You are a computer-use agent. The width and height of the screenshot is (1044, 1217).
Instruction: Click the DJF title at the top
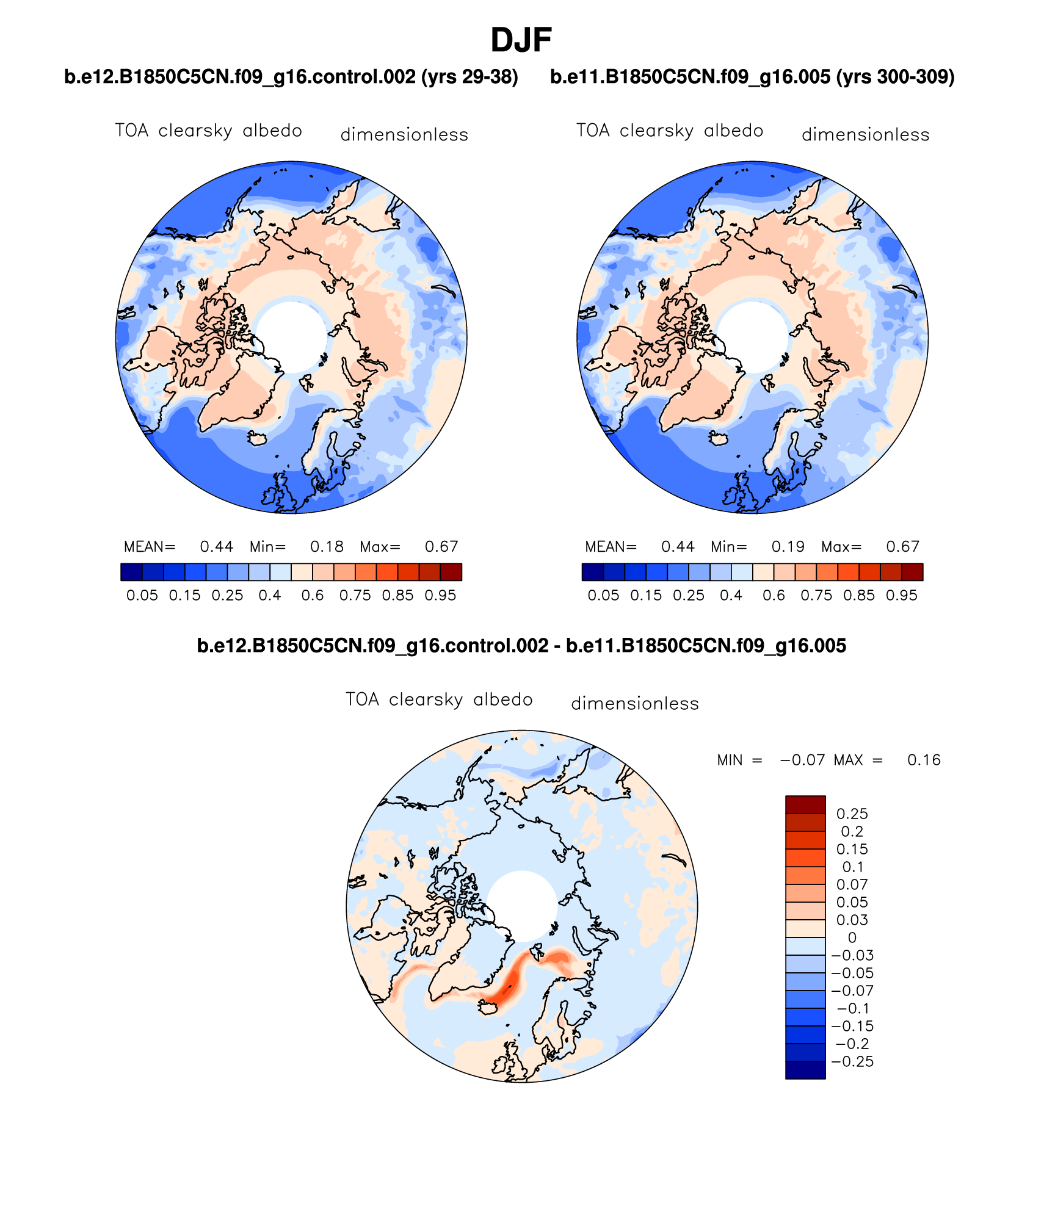pos(521,40)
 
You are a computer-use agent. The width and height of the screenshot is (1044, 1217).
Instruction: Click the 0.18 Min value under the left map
pos(327,546)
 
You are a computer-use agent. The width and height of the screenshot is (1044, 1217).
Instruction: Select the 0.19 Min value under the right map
pos(788,546)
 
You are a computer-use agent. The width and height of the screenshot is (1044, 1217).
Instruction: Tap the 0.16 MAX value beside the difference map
pos(924,760)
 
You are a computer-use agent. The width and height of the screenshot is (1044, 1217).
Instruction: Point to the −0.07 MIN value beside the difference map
pos(802,760)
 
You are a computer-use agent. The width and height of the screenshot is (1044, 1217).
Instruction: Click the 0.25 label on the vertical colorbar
pos(852,814)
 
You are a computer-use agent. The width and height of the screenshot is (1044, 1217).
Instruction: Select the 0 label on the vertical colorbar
pos(852,937)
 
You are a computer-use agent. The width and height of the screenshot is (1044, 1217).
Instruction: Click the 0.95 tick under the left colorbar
pos(440,595)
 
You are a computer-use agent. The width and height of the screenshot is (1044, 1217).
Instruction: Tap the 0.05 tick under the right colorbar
pos(603,595)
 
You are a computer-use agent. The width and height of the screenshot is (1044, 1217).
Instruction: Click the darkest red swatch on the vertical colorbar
pos(805,804)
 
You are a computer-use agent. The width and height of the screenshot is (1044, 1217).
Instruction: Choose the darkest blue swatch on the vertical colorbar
pos(805,1071)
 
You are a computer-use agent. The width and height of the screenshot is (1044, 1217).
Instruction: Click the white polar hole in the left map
pos(291,336)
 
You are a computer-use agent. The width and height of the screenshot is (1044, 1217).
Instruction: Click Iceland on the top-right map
pos(717,438)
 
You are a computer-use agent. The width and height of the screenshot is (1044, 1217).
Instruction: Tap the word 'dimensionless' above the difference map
pos(635,704)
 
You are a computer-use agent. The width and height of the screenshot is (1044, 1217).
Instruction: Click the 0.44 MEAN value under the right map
pos(678,546)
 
